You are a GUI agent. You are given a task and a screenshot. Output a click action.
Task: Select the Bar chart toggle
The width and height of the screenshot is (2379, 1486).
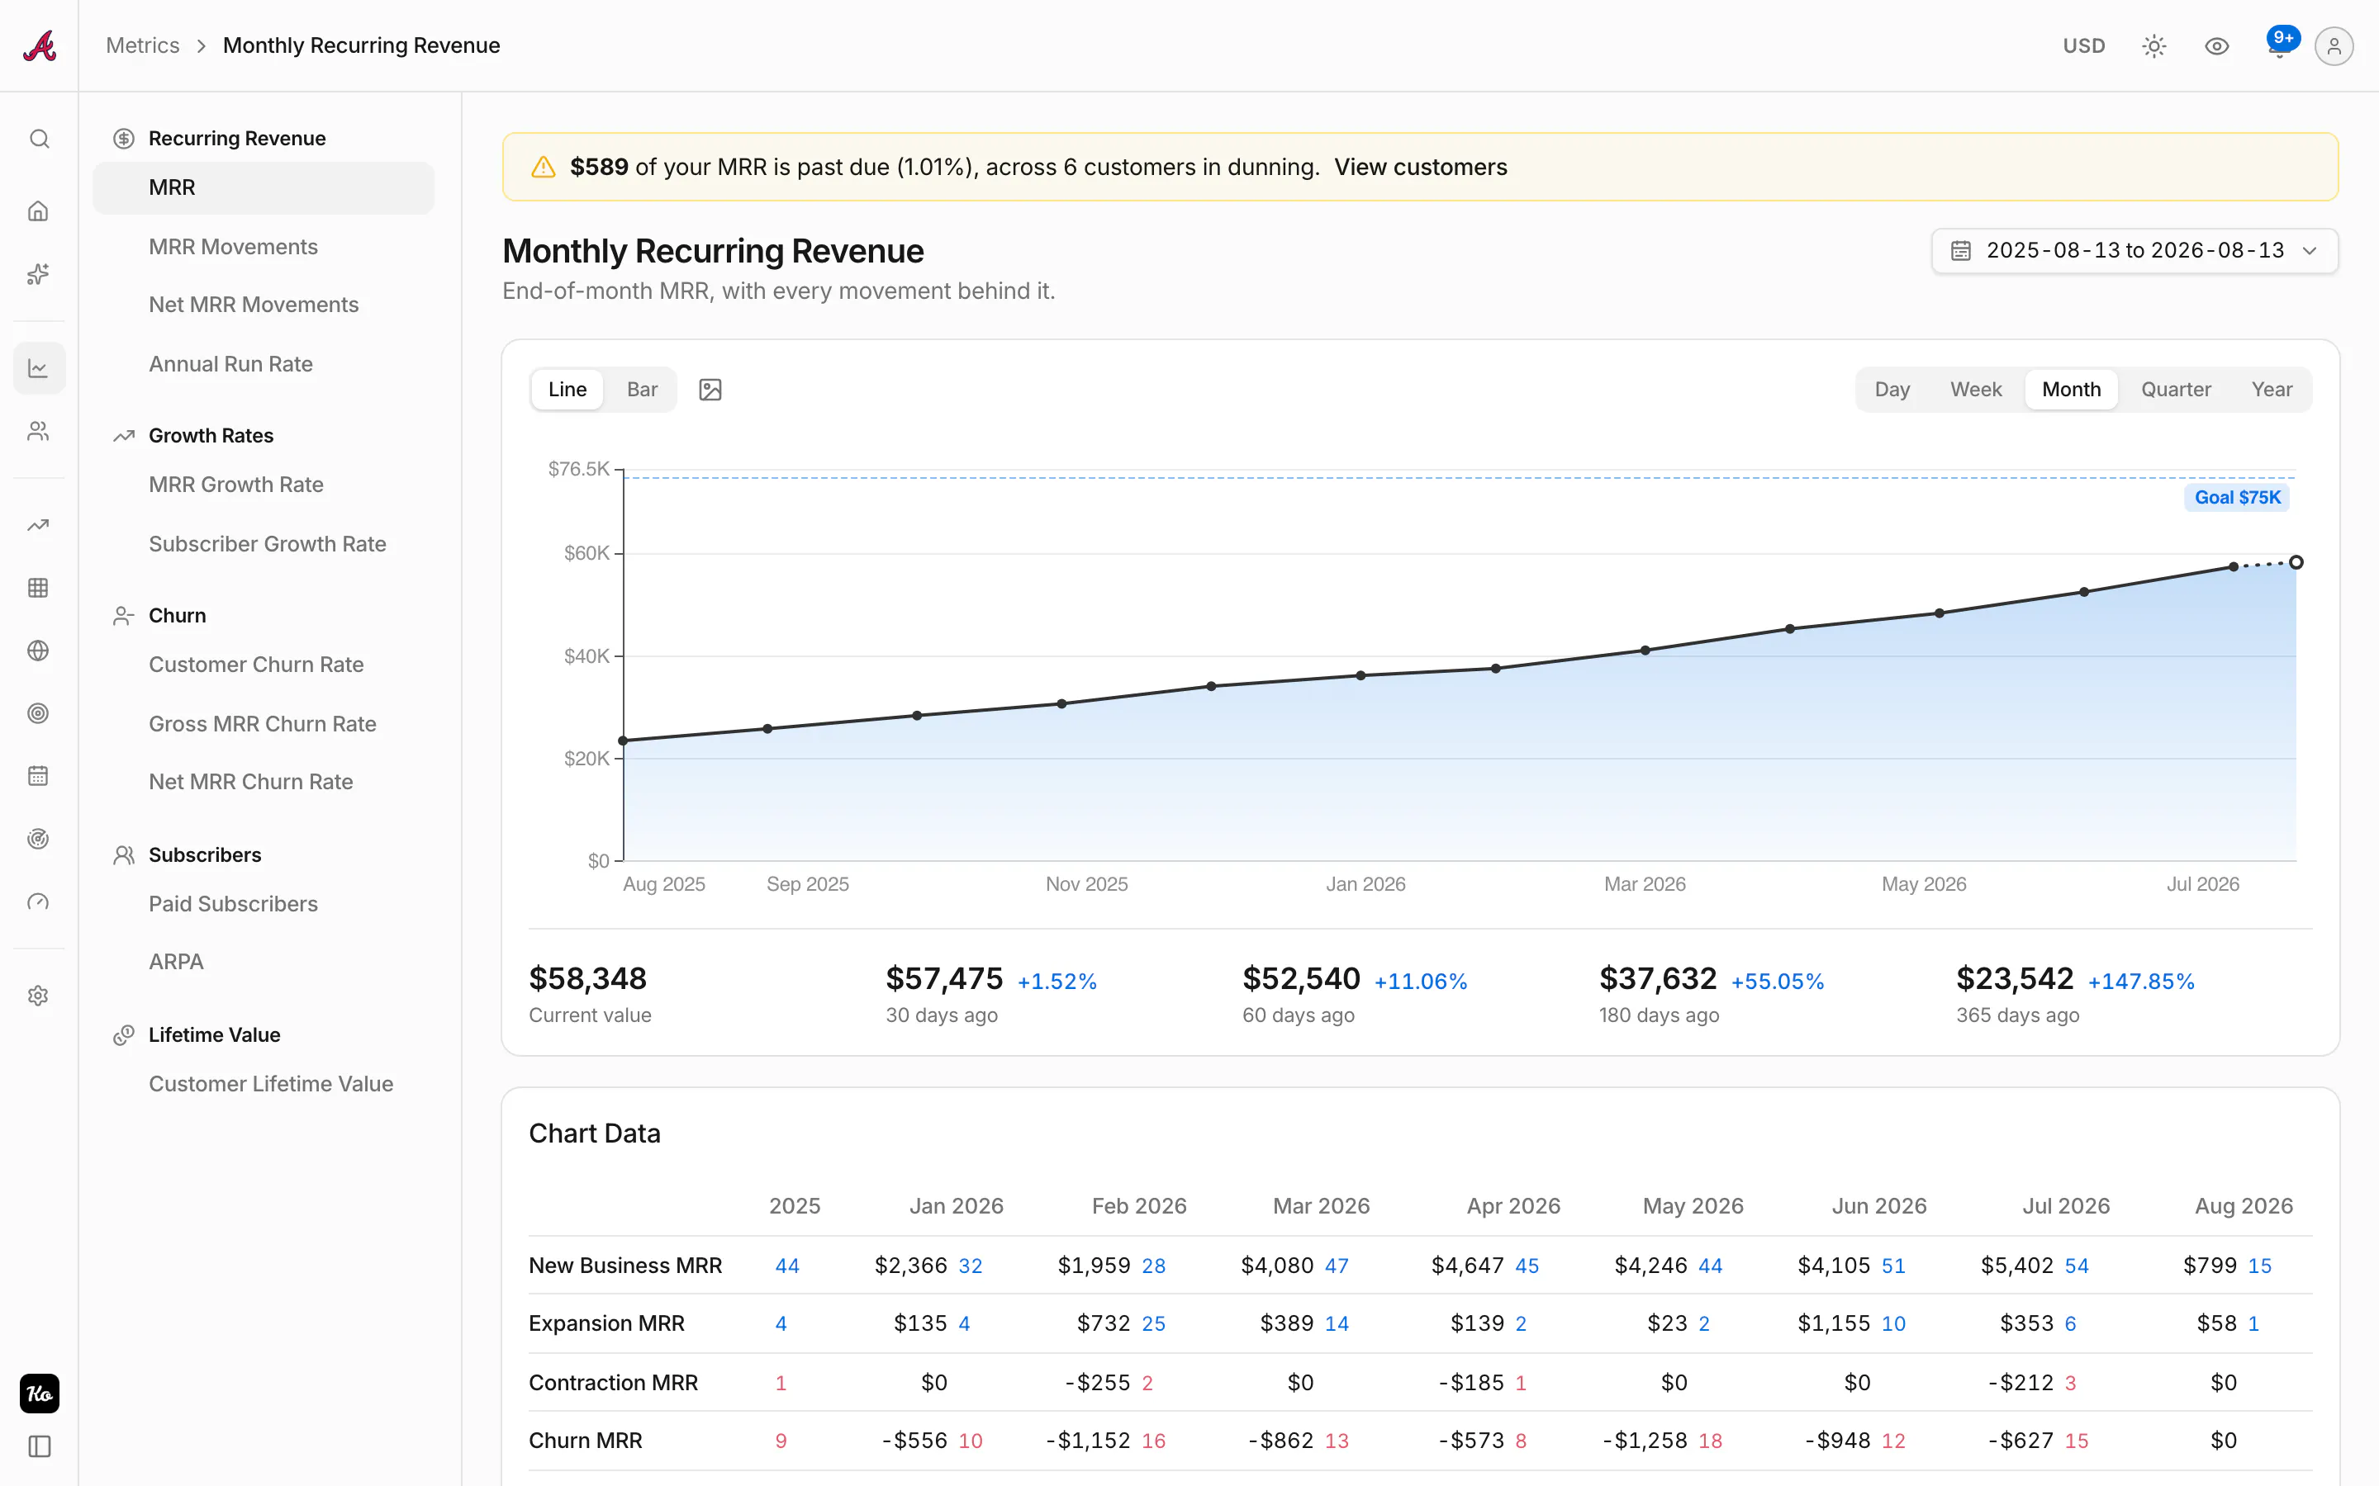[x=642, y=389]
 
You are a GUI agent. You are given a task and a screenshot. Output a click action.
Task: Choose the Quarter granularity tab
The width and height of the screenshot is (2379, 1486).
[x=2176, y=389]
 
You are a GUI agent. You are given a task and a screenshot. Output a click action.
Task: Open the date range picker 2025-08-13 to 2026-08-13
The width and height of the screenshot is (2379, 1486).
[x=2134, y=251]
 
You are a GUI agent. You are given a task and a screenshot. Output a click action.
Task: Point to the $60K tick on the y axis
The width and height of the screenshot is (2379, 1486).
[x=586, y=553]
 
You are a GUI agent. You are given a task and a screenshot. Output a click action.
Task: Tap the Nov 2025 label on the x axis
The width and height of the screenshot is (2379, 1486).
[x=1086, y=883]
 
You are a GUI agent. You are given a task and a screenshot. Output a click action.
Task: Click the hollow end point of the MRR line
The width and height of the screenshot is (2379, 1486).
[x=2296, y=562]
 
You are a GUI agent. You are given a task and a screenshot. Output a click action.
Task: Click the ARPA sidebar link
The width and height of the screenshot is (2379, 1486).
[x=176, y=961]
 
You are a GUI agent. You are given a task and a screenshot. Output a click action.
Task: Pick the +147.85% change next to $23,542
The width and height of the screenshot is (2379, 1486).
[x=2140, y=981]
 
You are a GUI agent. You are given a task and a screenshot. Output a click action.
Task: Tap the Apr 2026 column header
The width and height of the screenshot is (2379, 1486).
[x=1513, y=1206]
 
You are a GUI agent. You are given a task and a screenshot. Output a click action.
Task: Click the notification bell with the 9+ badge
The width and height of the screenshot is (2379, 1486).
[x=2280, y=45]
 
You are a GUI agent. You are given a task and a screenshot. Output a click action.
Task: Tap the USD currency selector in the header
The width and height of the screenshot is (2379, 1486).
[x=2083, y=46]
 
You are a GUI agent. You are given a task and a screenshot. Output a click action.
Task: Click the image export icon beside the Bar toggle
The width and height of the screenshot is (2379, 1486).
[x=710, y=389]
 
